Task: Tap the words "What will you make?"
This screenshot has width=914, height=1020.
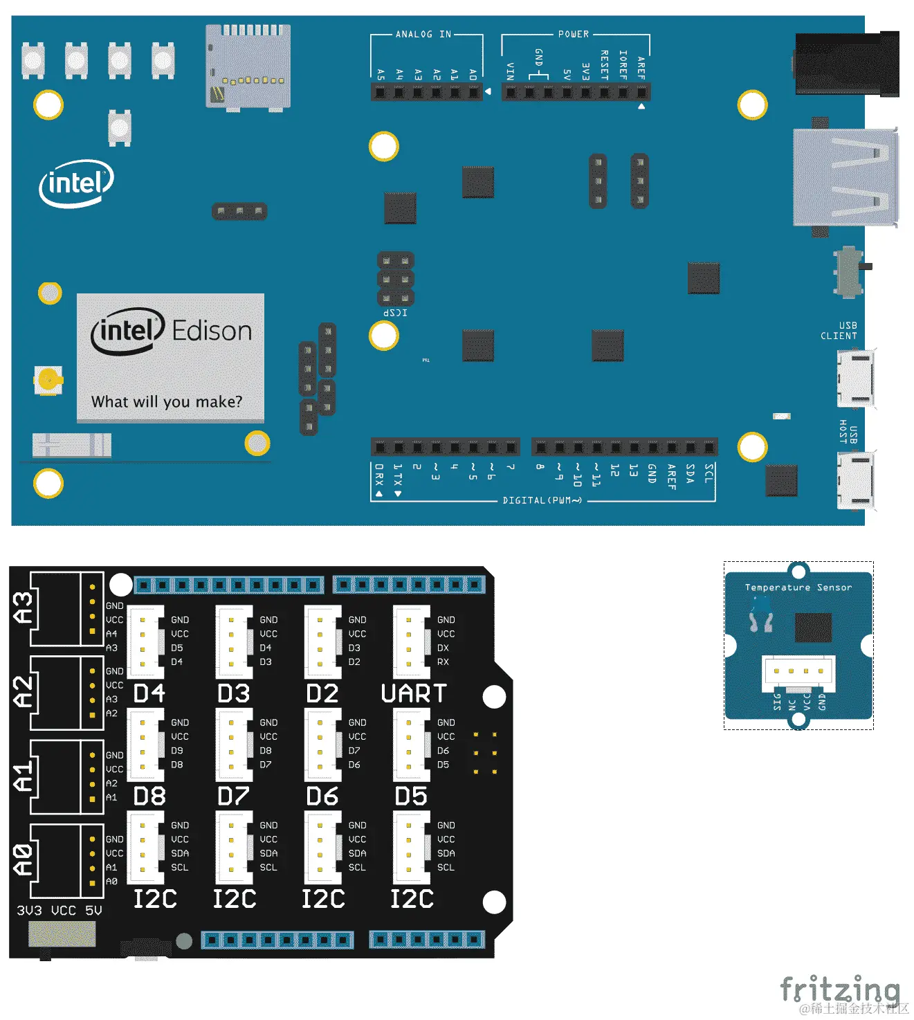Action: [167, 402]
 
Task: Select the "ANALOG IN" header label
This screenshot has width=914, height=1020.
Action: [423, 34]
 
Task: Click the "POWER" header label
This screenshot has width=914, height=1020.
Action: [574, 34]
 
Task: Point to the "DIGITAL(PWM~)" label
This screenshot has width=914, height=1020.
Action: [542, 500]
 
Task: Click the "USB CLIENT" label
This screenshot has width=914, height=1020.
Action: [839, 331]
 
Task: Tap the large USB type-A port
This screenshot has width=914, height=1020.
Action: [845, 177]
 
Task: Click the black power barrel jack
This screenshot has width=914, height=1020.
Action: [846, 64]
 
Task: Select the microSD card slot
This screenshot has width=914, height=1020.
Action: [248, 67]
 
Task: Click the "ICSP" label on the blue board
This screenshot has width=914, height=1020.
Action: [395, 313]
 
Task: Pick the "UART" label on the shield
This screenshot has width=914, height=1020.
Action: [414, 693]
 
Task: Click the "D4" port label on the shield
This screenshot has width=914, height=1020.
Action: [149, 693]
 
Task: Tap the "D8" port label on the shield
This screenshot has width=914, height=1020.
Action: [149, 796]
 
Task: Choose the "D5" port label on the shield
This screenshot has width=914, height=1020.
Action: [411, 796]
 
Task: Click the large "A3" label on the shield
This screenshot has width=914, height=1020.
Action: [23, 608]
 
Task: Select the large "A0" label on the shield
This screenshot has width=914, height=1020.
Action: [23, 859]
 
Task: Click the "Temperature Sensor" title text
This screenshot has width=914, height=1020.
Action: [798, 588]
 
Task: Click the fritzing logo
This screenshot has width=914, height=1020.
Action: [840, 989]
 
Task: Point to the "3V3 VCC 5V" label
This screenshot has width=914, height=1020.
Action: [60, 911]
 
